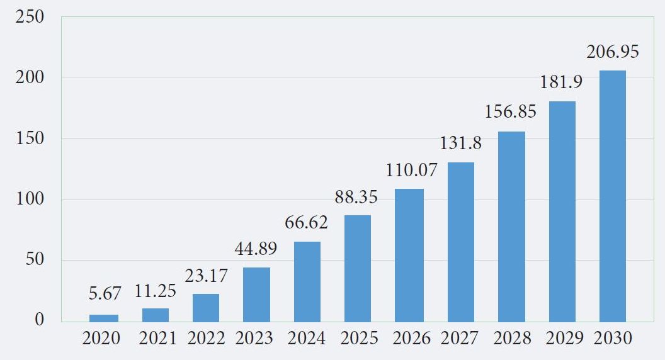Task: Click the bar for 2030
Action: (612, 196)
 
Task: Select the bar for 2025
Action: (357, 268)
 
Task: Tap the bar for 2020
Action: (103, 318)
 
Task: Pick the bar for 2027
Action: (460, 242)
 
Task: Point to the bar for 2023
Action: (256, 295)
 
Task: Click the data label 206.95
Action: (612, 52)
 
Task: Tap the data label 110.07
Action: (409, 170)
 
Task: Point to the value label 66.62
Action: (307, 222)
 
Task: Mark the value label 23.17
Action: (206, 276)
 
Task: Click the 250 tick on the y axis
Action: (30, 17)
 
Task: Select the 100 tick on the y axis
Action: (30, 200)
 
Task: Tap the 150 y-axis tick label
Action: (30, 139)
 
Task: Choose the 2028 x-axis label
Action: (511, 339)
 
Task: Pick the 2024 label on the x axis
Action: (307, 339)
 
